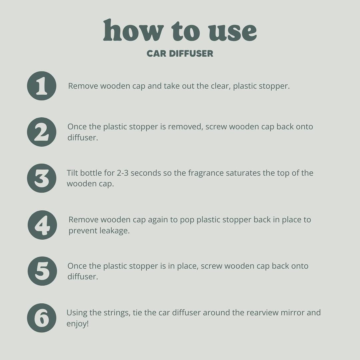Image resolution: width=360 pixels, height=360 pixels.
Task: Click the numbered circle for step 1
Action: (x=42, y=86)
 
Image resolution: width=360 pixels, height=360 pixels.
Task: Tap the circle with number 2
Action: (x=42, y=132)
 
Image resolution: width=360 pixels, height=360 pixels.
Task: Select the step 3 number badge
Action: (x=42, y=178)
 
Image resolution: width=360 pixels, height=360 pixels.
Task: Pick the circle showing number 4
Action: (x=42, y=225)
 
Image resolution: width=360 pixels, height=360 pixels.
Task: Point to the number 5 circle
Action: (x=42, y=271)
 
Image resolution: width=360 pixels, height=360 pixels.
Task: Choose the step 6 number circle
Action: (x=42, y=318)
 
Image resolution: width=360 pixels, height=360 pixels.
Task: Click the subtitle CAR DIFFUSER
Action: (x=180, y=53)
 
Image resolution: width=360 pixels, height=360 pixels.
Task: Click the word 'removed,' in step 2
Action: (x=186, y=127)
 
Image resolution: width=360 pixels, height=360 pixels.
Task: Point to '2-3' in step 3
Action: (x=123, y=173)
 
